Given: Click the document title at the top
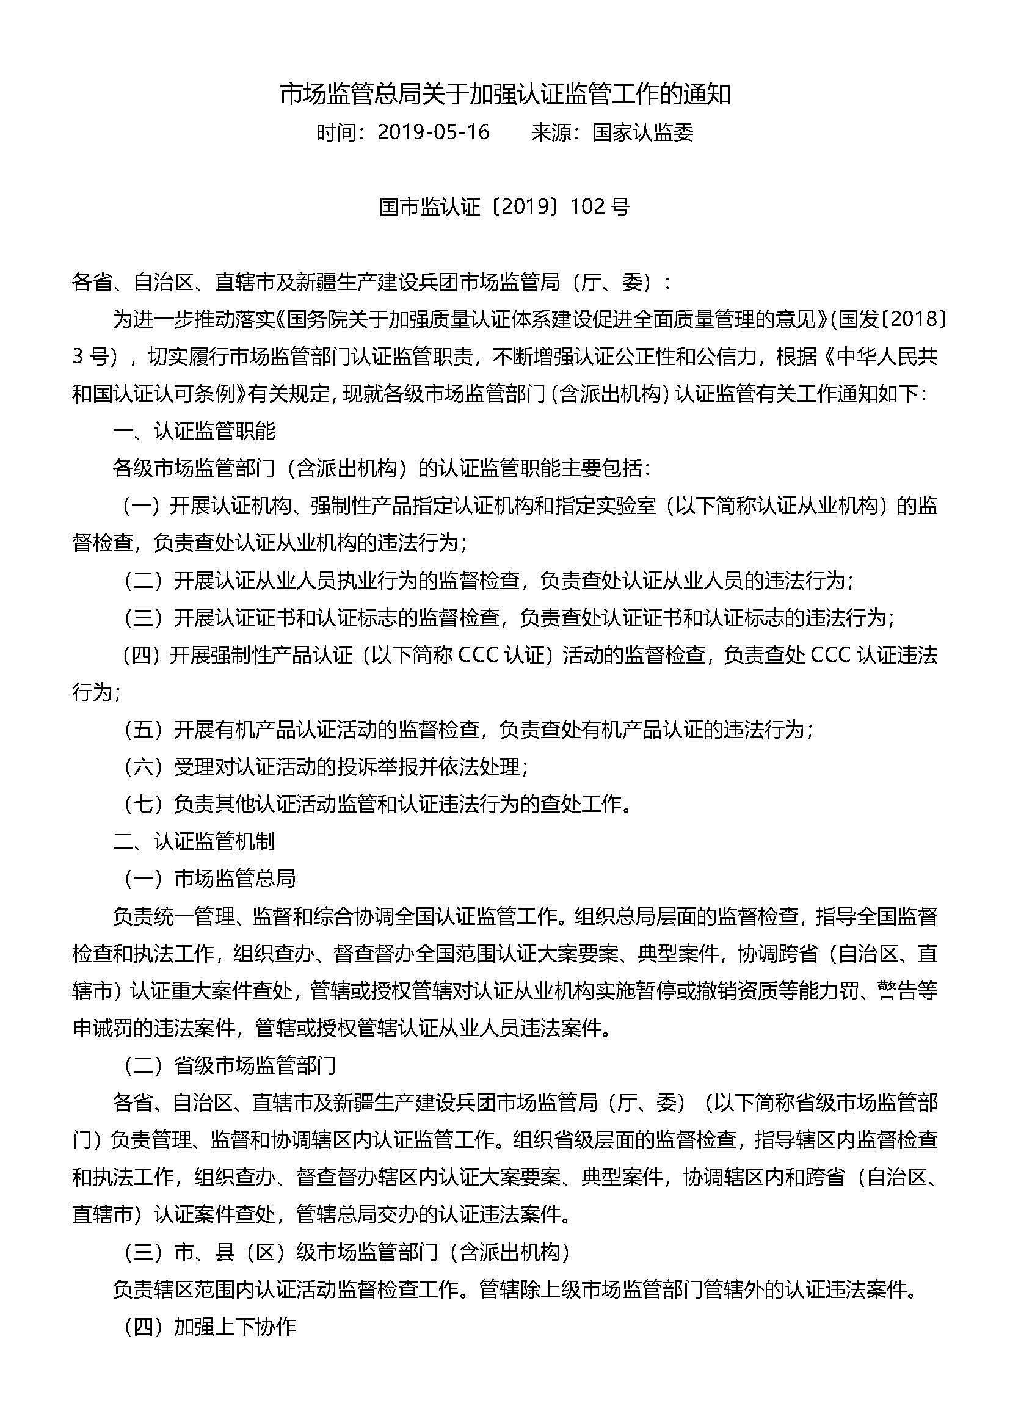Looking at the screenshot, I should coord(504,95).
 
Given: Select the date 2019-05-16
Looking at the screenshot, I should coord(434,132).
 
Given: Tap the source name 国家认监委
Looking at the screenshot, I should coord(642,132).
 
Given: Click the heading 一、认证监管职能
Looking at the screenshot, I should coord(194,431).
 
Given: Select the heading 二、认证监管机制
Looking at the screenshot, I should coord(194,841).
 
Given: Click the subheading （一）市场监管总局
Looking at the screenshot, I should coord(209,879).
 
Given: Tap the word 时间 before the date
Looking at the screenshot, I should coord(336,132).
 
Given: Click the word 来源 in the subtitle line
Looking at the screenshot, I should coord(551,132).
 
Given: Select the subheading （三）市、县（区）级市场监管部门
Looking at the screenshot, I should coord(346,1252).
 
